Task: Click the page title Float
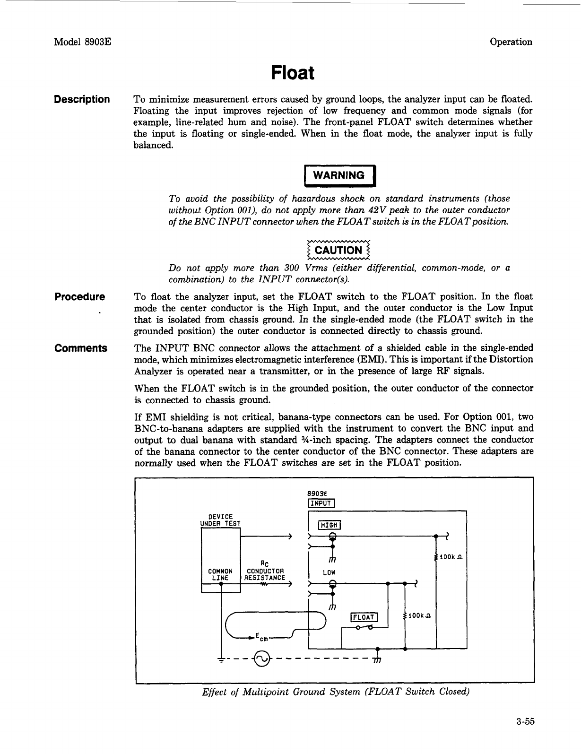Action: [293, 73]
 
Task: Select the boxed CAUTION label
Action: [338, 251]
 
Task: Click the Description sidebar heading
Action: [82, 100]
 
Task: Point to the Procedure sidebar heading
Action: [79, 297]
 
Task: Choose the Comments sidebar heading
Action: [81, 348]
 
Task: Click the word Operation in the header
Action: [511, 42]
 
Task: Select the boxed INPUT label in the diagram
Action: [321, 503]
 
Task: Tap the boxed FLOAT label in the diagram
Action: [364, 617]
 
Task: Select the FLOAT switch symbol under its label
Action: [364, 627]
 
